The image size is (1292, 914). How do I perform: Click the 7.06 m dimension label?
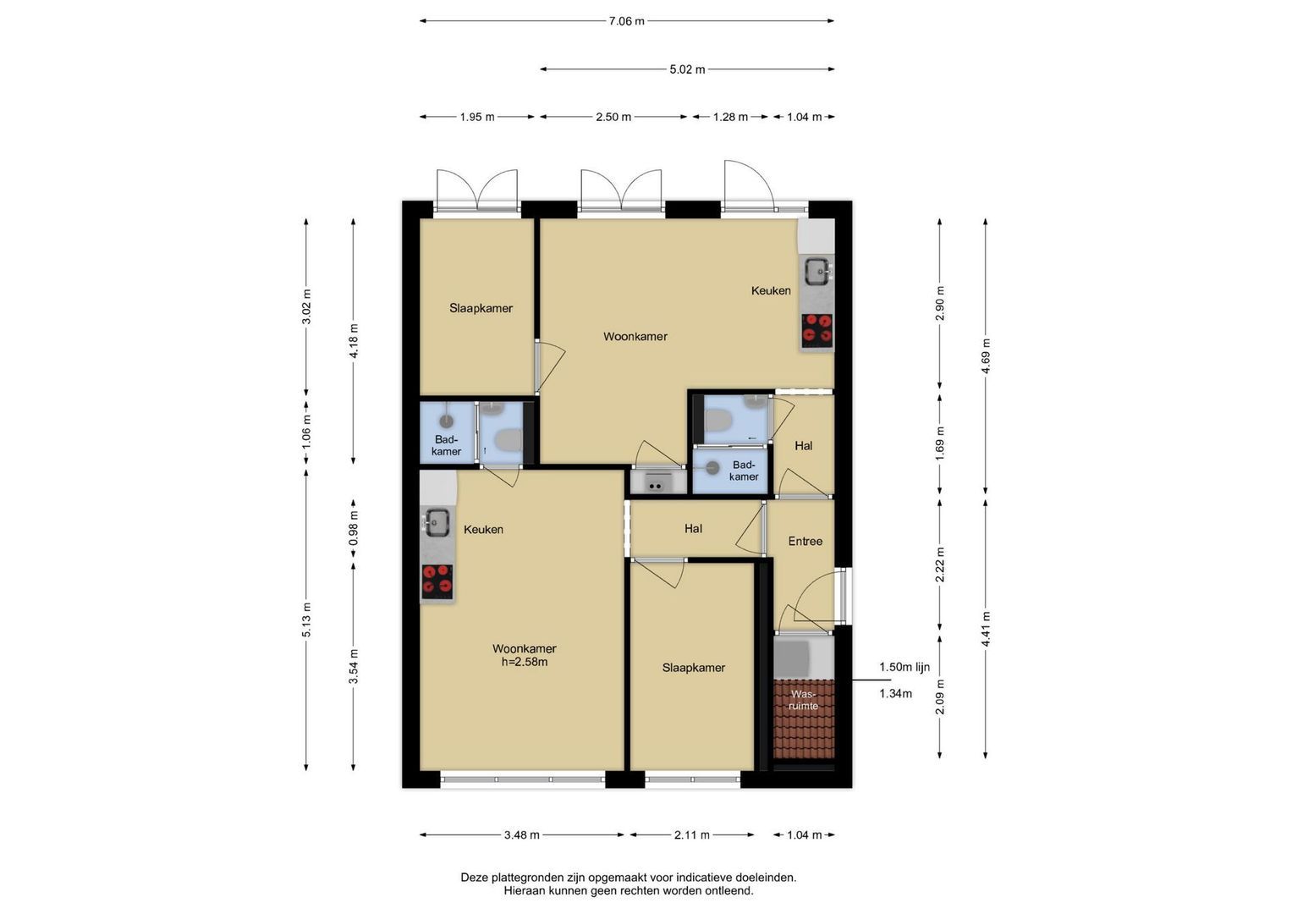click(x=626, y=21)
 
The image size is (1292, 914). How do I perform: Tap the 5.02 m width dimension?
click(x=687, y=69)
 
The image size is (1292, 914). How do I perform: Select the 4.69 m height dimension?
click(x=986, y=356)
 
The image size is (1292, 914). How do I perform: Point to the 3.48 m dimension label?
click(x=521, y=835)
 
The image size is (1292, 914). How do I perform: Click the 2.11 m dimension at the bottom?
click(x=692, y=835)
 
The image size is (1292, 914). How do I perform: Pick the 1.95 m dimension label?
click(x=477, y=117)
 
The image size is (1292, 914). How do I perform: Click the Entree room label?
click(x=805, y=542)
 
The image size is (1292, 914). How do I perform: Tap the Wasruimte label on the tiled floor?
click(x=804, y=700)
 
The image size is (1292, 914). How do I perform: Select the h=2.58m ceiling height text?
click(x=525, y=662)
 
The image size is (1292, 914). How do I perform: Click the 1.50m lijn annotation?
click(x=904, y=667)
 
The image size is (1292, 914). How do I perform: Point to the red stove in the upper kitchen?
click(x=817, y=329)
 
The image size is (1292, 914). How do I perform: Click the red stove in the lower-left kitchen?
click(x=437, y=581)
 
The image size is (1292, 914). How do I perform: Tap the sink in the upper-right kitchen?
click(x=817, y=271)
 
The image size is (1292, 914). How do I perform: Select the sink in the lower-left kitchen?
click(x=437, y=522)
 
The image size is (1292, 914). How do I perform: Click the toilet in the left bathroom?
click(x=509, y=440)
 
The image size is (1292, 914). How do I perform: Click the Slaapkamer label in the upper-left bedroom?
click(x=481, y=308)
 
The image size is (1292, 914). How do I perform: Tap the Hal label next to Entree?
click(x=693, y=529)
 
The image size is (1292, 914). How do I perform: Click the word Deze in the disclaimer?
click(x=474, y=878)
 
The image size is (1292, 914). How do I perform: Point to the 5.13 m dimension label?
click(x=306, y=620)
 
